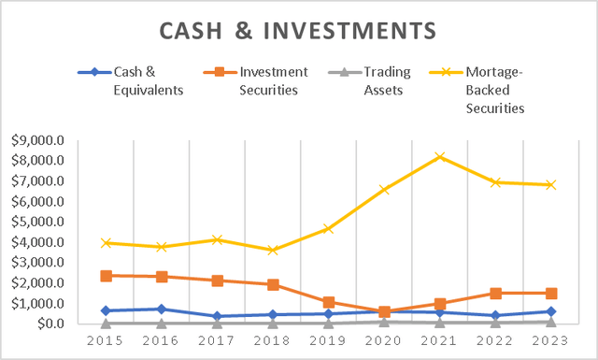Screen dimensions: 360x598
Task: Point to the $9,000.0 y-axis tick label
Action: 37,140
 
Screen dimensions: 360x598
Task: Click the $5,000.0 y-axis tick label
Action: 37,222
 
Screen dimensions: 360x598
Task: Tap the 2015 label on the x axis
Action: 107,342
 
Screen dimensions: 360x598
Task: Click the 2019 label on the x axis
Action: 328,342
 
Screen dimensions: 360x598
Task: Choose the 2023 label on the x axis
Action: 550,342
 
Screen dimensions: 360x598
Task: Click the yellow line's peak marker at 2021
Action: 439,157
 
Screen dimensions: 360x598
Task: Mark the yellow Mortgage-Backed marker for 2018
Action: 273,250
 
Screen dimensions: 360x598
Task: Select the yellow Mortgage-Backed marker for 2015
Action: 107,243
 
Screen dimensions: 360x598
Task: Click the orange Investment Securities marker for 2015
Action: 107,276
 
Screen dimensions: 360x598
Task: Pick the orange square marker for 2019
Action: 328,302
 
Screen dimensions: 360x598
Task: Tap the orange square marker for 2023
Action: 550,293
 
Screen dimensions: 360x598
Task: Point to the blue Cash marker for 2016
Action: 162,309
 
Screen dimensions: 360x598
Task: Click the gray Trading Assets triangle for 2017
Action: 218,323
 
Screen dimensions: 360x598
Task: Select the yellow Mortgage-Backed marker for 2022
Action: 495,182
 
